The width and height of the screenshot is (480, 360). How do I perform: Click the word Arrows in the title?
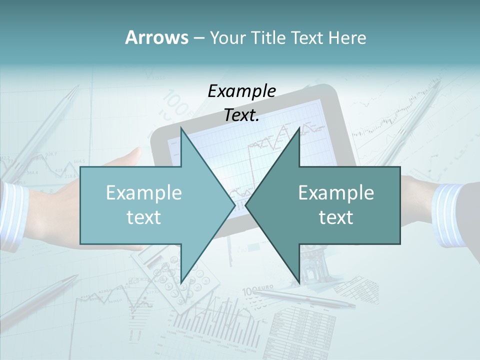tap(156, 37)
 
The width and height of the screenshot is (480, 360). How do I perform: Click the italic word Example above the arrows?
tap(241, 91)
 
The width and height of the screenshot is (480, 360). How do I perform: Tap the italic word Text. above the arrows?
tap(241, 115)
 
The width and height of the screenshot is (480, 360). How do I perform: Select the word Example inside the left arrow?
tap(143, 193)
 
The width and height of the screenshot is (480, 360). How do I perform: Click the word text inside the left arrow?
tap(143, 217)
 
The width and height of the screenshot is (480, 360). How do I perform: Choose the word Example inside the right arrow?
tap(336, 193)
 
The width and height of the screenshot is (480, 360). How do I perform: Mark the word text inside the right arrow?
tap(336, 217)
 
